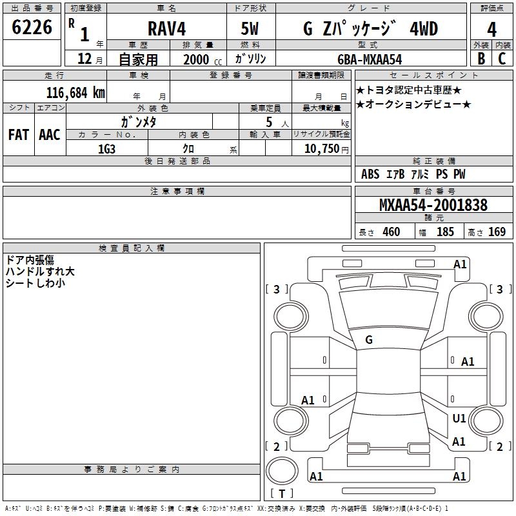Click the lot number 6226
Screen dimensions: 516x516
(x=32, y=28)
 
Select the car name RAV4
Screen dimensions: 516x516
(x=166, y=30)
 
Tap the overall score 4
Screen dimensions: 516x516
(x=491, y=30)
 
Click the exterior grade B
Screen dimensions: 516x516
(x=481, y=59)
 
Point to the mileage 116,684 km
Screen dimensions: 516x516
(x=75, y=92)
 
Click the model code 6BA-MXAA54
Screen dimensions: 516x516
(x=370, y=59)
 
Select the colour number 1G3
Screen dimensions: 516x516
(x=107, y=148)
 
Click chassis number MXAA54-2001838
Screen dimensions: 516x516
(x=433, y=205)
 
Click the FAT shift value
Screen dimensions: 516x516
(x=19, y=135)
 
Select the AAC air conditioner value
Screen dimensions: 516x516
(x=50, y=135)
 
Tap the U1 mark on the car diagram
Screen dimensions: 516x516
(x=459, y=419)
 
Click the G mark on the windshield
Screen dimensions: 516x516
(x=369, y=340)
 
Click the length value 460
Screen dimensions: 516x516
(x=391, y=232)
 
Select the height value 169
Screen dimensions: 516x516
(x=497, y=232)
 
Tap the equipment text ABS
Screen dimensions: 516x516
(x=370, y=174)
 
